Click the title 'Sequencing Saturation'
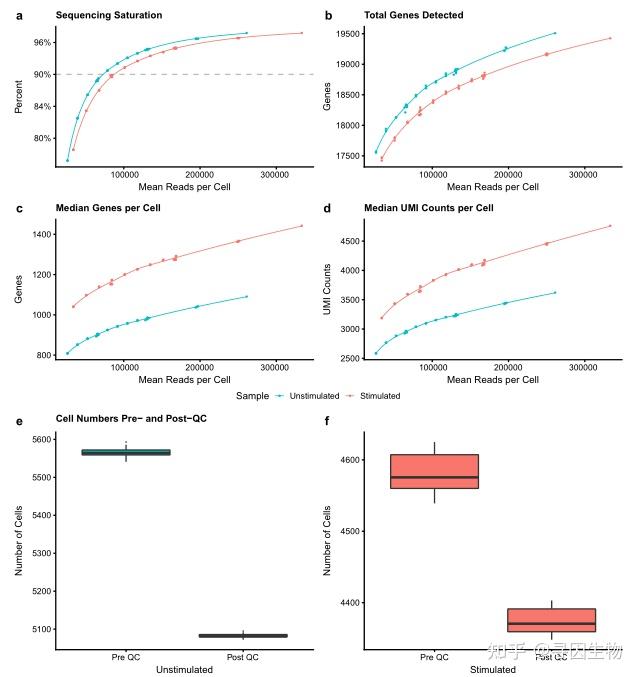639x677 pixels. click(x=109, y=15)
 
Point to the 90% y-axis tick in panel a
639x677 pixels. click(x=42, y=74)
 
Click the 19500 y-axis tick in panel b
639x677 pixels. click(x=346, y=33)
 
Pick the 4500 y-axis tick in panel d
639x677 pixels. click(x=346, y=241)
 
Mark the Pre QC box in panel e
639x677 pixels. click(x=126, y=452)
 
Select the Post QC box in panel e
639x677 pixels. click(x=243, y=635)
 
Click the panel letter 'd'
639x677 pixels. click(x=328, y=208)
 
